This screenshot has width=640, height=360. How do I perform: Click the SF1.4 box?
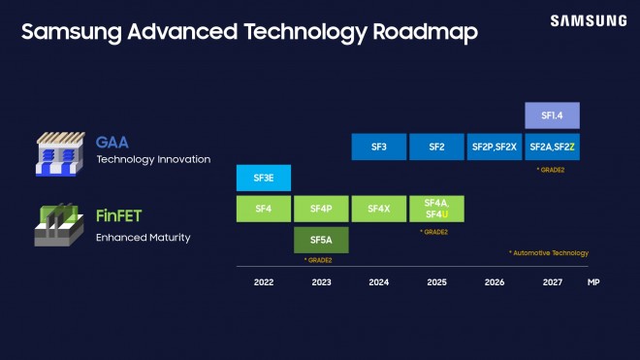(x=552, y=115)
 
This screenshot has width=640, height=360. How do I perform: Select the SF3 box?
(x=379, y=147)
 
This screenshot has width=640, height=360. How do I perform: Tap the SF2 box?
(x=436, y=147)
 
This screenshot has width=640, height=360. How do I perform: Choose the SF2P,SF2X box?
(x=494, y=147)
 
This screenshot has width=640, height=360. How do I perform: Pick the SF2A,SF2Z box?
(x=552, y=147)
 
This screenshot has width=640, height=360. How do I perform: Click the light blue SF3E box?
(x=264, y=178)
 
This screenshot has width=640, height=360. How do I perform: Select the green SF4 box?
(x=264, y=208)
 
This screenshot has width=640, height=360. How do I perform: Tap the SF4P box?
(x=321, y=208)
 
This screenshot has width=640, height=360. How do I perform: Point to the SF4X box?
(x=379, y=208)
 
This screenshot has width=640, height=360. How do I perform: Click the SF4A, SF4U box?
(x=436, y=208)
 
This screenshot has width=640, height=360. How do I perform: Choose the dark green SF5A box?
(x=321, y=239)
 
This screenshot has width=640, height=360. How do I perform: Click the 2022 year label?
(x=264, y=282)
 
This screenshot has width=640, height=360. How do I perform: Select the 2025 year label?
(x=436, y=282)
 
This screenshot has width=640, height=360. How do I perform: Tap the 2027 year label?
(x=552, y=282)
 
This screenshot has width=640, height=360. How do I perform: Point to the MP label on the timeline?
(x=593, y=282)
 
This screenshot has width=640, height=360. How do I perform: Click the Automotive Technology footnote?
(x=549, y=253)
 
